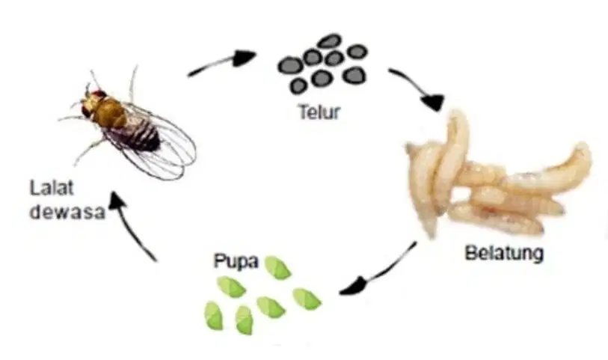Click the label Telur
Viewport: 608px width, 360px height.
[x=319, y=112]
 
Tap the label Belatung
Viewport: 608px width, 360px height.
[x=504, y=254]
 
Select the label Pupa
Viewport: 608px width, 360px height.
[x=236, y=261]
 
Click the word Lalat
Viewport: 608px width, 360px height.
[x=52, y=189]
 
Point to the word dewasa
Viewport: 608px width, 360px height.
[x=67, y=212]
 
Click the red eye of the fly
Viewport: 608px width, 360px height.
[x=99, y=94]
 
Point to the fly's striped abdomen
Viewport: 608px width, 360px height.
[x=140, y=134]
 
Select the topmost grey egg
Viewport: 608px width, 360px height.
[x=329, y=41]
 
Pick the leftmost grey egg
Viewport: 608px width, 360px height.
[x=290, y=65]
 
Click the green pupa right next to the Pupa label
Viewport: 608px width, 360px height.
[x=277, y=268]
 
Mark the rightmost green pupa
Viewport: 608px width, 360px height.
[x=307, y=299]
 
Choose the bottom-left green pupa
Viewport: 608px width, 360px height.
[x=214, y=316]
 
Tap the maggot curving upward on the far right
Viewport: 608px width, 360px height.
[x=550, y=171]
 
